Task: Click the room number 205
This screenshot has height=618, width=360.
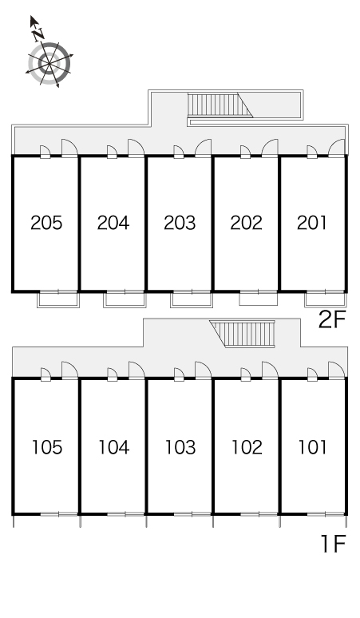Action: pos(46,223)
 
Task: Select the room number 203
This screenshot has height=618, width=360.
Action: pos(180,223)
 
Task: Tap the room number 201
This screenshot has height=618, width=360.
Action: pos(311,223)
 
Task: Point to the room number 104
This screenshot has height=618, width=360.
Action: pos(113,447)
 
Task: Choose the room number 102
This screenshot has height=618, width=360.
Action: pos(247,447)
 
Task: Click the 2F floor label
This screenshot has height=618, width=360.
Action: pos(331,320)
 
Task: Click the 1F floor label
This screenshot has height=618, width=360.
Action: pos(333,544)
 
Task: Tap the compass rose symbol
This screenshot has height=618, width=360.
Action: pos(49,63)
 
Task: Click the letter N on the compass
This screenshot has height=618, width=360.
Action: pos(38,35)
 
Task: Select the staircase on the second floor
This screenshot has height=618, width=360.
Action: pos(220,105)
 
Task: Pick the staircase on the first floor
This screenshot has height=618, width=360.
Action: pos(243,334)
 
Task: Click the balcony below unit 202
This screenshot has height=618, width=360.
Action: pos(259,299)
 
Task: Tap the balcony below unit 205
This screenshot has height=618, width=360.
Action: pos(58,299)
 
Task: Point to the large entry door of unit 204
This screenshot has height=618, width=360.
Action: pos(136,149)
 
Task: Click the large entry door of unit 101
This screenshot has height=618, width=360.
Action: pos(337,370)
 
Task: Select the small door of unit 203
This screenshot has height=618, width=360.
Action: pos(179,153)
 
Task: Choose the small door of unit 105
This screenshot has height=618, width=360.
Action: pos(45,374)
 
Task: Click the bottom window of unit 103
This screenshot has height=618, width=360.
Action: pos(192,514)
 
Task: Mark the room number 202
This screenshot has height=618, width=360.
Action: pos(246,223)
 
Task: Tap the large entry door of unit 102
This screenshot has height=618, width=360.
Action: pos(270,370)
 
